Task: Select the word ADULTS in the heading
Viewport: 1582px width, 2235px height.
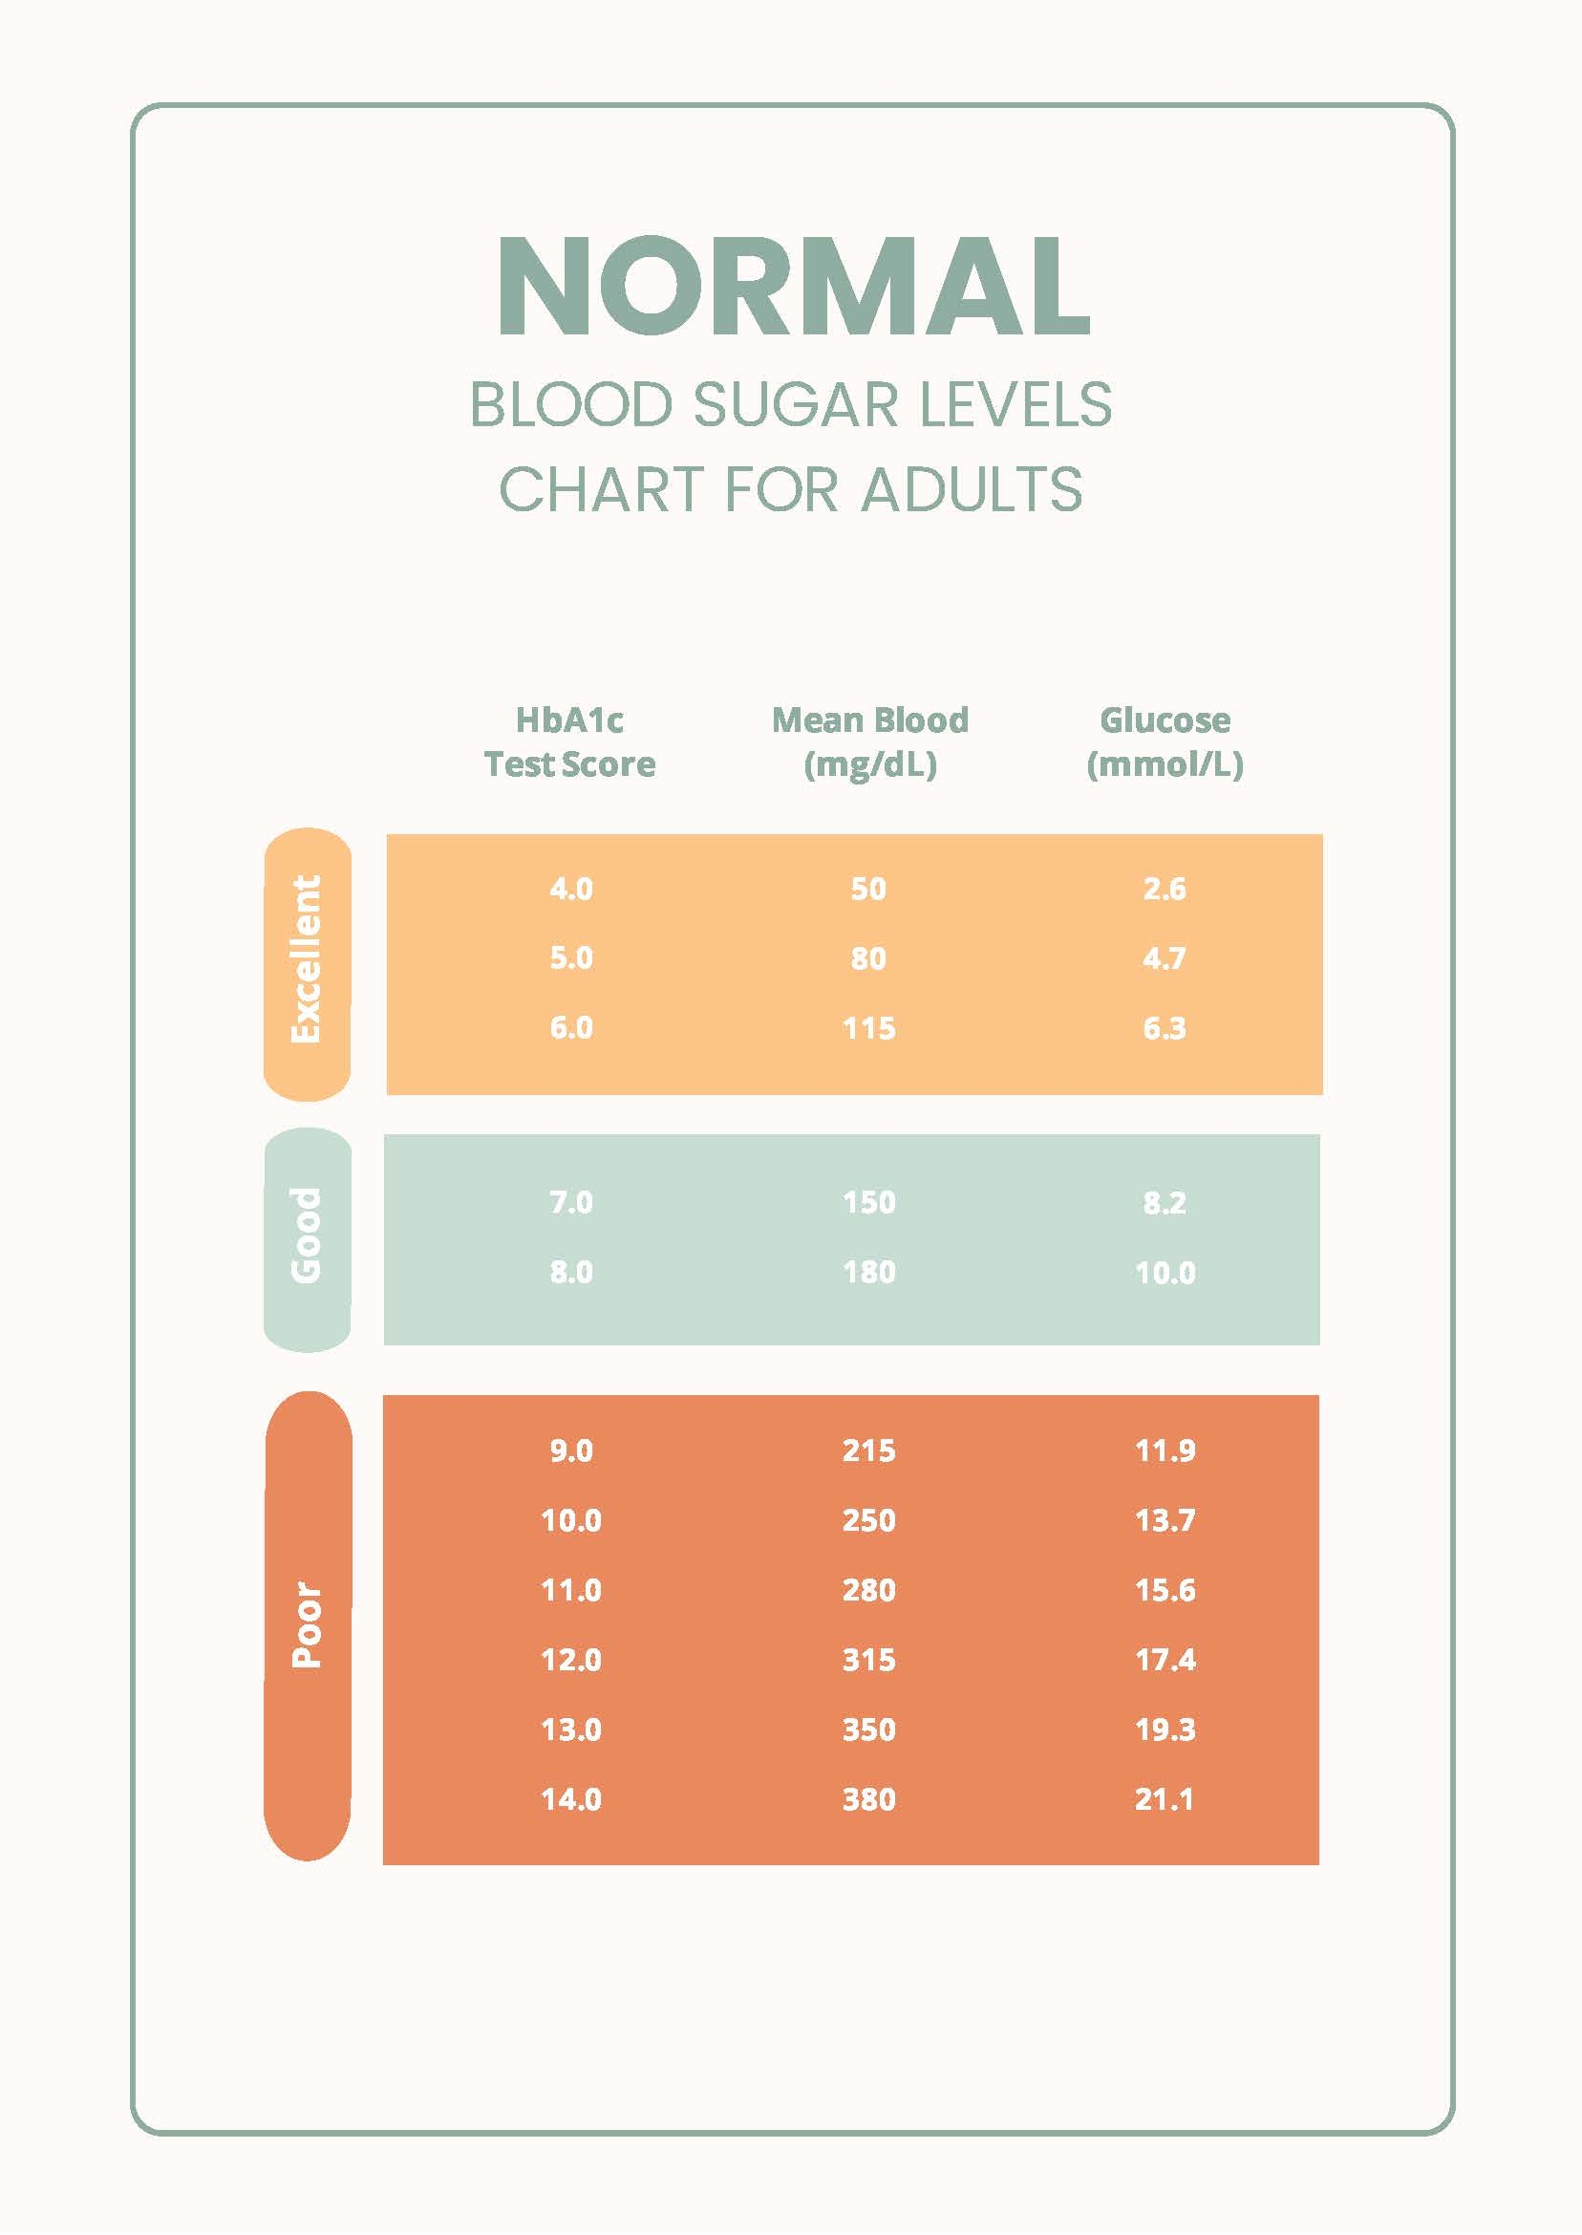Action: [x=972, y=489]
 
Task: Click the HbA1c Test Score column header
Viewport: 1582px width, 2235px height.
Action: [x=570, y=742]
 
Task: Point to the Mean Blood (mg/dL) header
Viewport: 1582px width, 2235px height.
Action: [x=870, y=742]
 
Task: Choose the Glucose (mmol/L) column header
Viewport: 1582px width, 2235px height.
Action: [x=1165, y=742]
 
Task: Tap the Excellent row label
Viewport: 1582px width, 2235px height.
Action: [x=307, y=959]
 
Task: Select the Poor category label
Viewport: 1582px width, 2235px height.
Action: [x=307, y=1624]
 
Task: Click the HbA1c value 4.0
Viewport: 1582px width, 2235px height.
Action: [x=571, y=889]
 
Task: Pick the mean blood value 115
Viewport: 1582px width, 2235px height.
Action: [x=869, y=1028]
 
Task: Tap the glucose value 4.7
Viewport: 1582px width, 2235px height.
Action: [x=1165, y=958]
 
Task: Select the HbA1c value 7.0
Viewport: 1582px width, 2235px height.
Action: [x=571, y=1202]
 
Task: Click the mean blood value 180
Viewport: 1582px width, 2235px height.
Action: [x=869, y=1272]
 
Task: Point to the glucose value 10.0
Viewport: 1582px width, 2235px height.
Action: [x=1165, y=1272]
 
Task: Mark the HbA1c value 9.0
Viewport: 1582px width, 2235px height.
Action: [x=571, y=1451]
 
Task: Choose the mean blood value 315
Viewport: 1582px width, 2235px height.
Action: [x=869, y=1659]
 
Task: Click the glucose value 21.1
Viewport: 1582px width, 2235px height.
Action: [x=1165, y=1798]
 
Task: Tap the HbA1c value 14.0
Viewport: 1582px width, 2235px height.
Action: [x=571, y=1798]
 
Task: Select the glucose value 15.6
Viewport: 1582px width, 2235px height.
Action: [x=1165, y=1590]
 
